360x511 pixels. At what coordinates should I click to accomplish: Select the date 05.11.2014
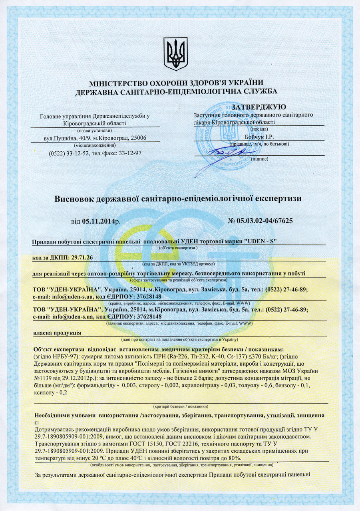pos(98,221)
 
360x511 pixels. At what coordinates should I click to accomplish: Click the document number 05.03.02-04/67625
pos(265,221)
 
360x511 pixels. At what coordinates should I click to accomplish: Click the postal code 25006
pos(137,138)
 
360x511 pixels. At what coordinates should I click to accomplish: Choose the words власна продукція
pos(57,332)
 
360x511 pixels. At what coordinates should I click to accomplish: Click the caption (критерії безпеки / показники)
pos(180,406)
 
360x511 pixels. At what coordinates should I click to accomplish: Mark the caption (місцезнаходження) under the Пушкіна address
pos(95,145)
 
